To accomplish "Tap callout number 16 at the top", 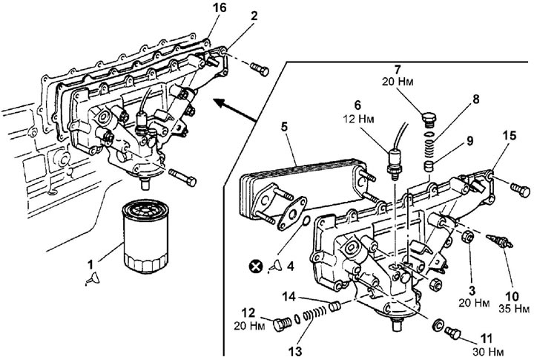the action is point(220,7).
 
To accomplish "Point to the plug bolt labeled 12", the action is point(282,324).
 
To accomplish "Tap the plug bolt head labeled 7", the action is point(429,120).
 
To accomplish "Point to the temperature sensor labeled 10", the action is point(499,241).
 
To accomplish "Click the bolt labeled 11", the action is point(453,333).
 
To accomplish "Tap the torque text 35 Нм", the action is point(514,310).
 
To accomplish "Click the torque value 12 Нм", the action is point(359,119).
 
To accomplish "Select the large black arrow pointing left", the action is point(235,110).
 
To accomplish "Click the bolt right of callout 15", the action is point(520,189).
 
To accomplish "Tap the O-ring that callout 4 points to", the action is point(306,221).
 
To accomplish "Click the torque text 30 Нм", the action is point(487,352).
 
